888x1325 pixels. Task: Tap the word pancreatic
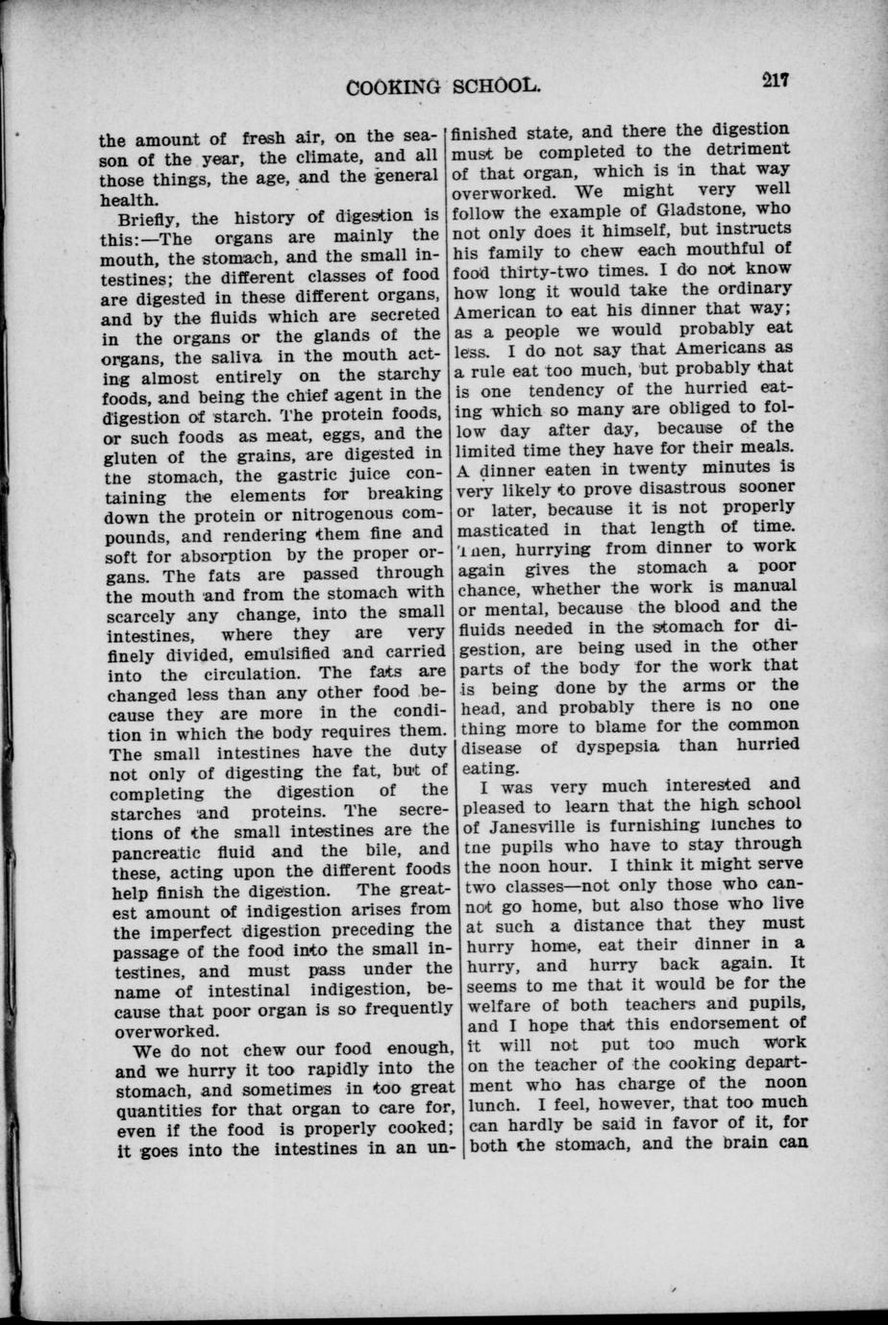(158, 850)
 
